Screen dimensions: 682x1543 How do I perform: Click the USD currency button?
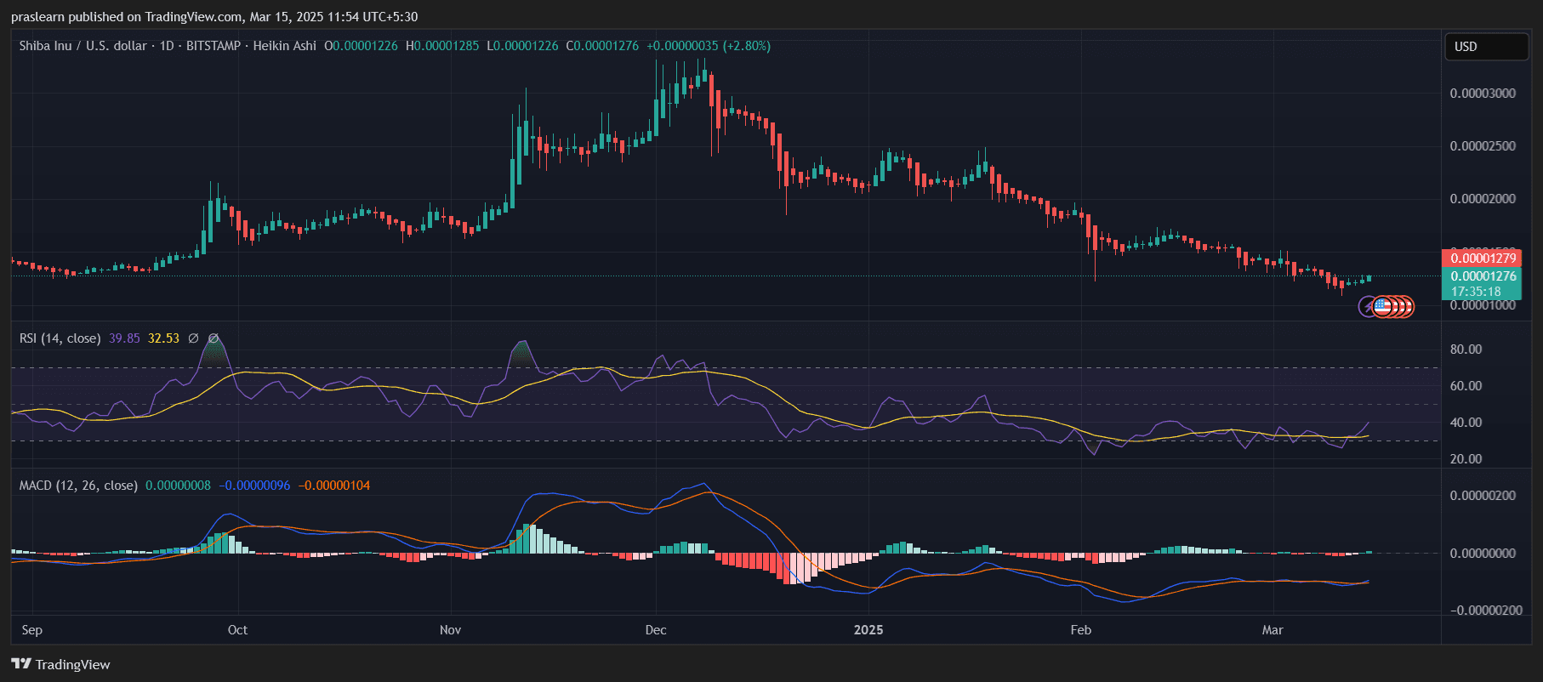tap(1485, 47)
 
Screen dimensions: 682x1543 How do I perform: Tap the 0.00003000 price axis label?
tap(1483, 94)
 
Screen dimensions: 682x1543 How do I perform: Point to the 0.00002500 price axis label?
tap(1483, 146)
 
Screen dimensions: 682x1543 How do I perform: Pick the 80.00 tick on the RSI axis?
tap(1466, 350)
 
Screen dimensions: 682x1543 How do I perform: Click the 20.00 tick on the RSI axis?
tap(1466, 459)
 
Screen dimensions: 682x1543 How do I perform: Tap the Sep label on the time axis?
tap(32, 630)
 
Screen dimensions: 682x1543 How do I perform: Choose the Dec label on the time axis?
tap(656, 630)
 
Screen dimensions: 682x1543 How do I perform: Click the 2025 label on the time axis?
tap(868, 630)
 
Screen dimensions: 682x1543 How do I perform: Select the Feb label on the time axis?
tap(1080, 630)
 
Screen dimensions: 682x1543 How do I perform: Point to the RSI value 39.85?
tap(124, 338)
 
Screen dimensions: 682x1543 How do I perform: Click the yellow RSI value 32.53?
tap(163, 338)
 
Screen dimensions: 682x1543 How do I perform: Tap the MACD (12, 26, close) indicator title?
tap(78, 486)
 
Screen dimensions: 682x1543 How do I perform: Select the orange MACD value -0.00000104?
tap(334, 486)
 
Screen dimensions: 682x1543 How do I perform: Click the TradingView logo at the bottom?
tap(60, 664)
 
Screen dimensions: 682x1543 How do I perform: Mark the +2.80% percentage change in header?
tap(747, 46)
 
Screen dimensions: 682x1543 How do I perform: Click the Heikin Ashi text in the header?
tap(284, 46)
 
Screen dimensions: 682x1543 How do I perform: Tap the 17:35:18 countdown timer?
tap(1476, 292)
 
